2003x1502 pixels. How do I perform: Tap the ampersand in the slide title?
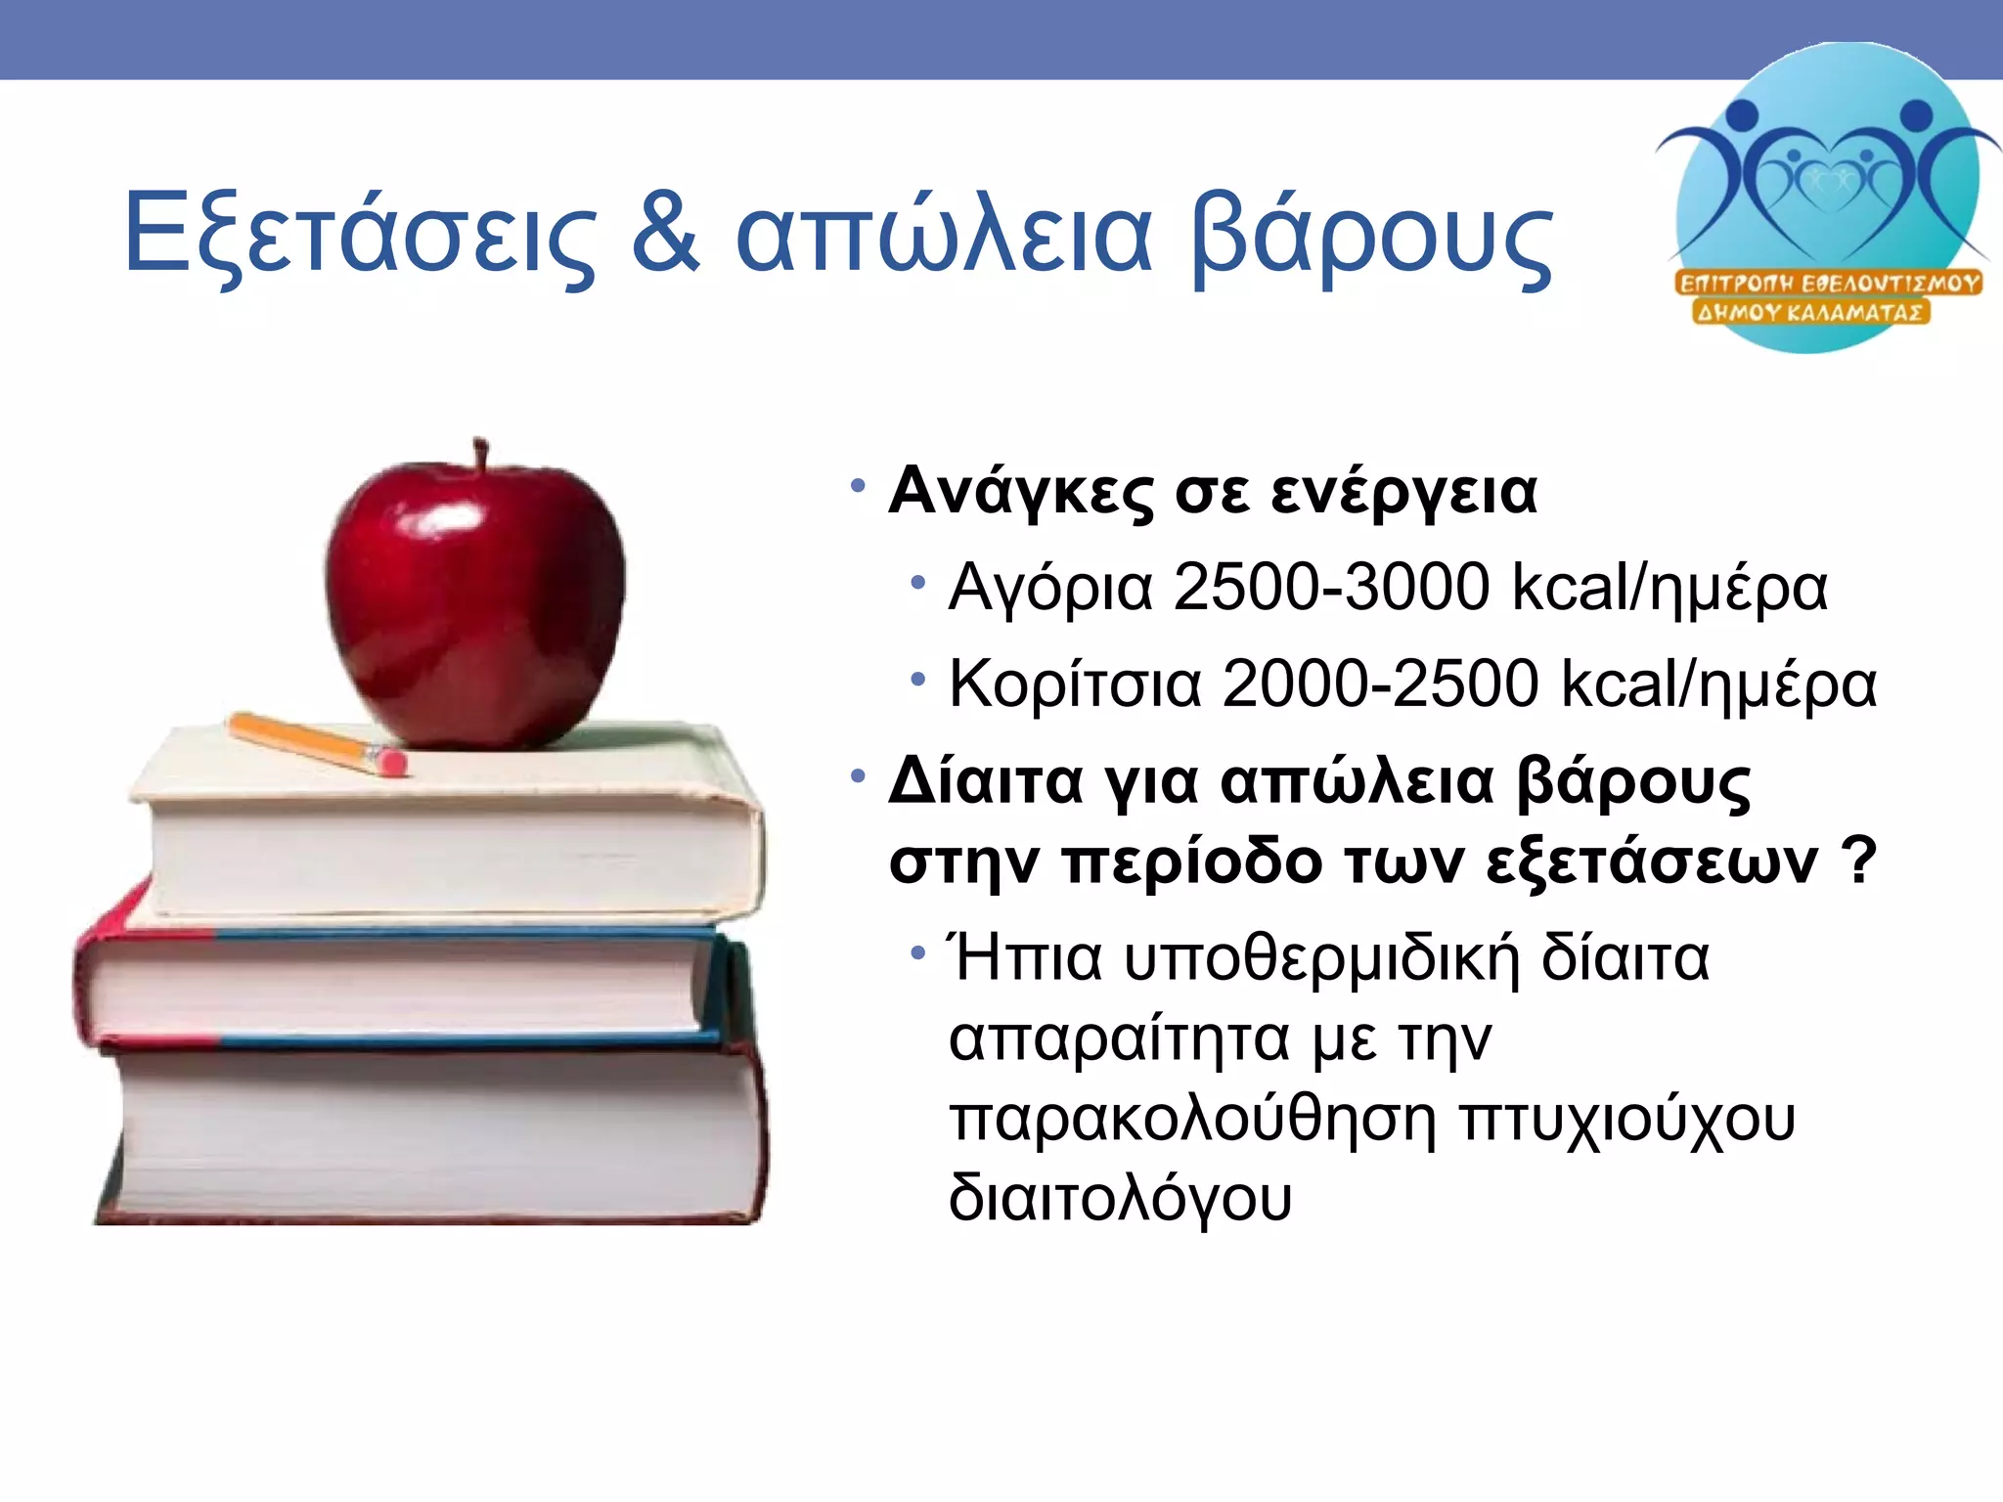click(x=666, y=235)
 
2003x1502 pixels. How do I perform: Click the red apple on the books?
click(x=476, y=606)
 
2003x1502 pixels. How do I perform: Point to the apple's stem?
click(x=480, y=455)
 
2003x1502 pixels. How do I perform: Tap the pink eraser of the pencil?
click(x=391, y=760)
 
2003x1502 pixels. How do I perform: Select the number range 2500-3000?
click(x=1331, y=588)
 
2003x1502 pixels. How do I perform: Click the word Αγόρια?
click(x=1050, y=590)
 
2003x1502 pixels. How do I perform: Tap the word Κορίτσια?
click(x=1075, y=684)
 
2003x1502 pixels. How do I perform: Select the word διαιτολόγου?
click(x=1120, y=1198)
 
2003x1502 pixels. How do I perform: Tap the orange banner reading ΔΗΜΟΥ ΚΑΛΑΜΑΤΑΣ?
click(x=1810, y=313)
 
